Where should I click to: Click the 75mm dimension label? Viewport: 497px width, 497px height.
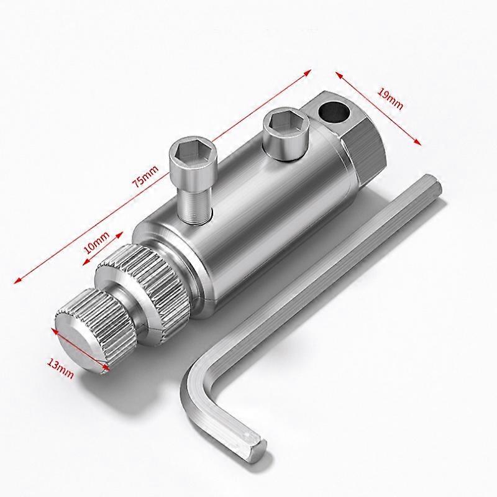tap(146, 177)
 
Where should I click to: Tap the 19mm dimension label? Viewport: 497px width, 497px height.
tap(390, 99)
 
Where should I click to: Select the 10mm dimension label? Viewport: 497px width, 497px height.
tap(97, 243)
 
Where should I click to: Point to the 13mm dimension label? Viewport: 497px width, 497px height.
tap(60, 368)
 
